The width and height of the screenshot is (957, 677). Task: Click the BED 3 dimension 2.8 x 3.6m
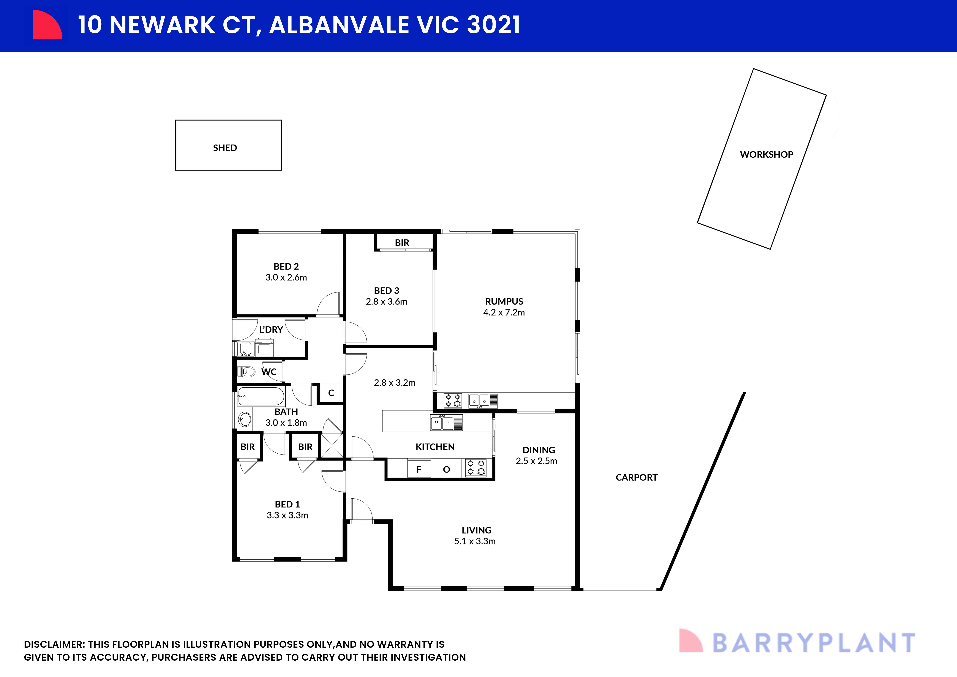click(386, 302)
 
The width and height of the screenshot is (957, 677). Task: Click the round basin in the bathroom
click(245, 419)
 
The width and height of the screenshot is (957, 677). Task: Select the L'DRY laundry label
click(271, 330)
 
